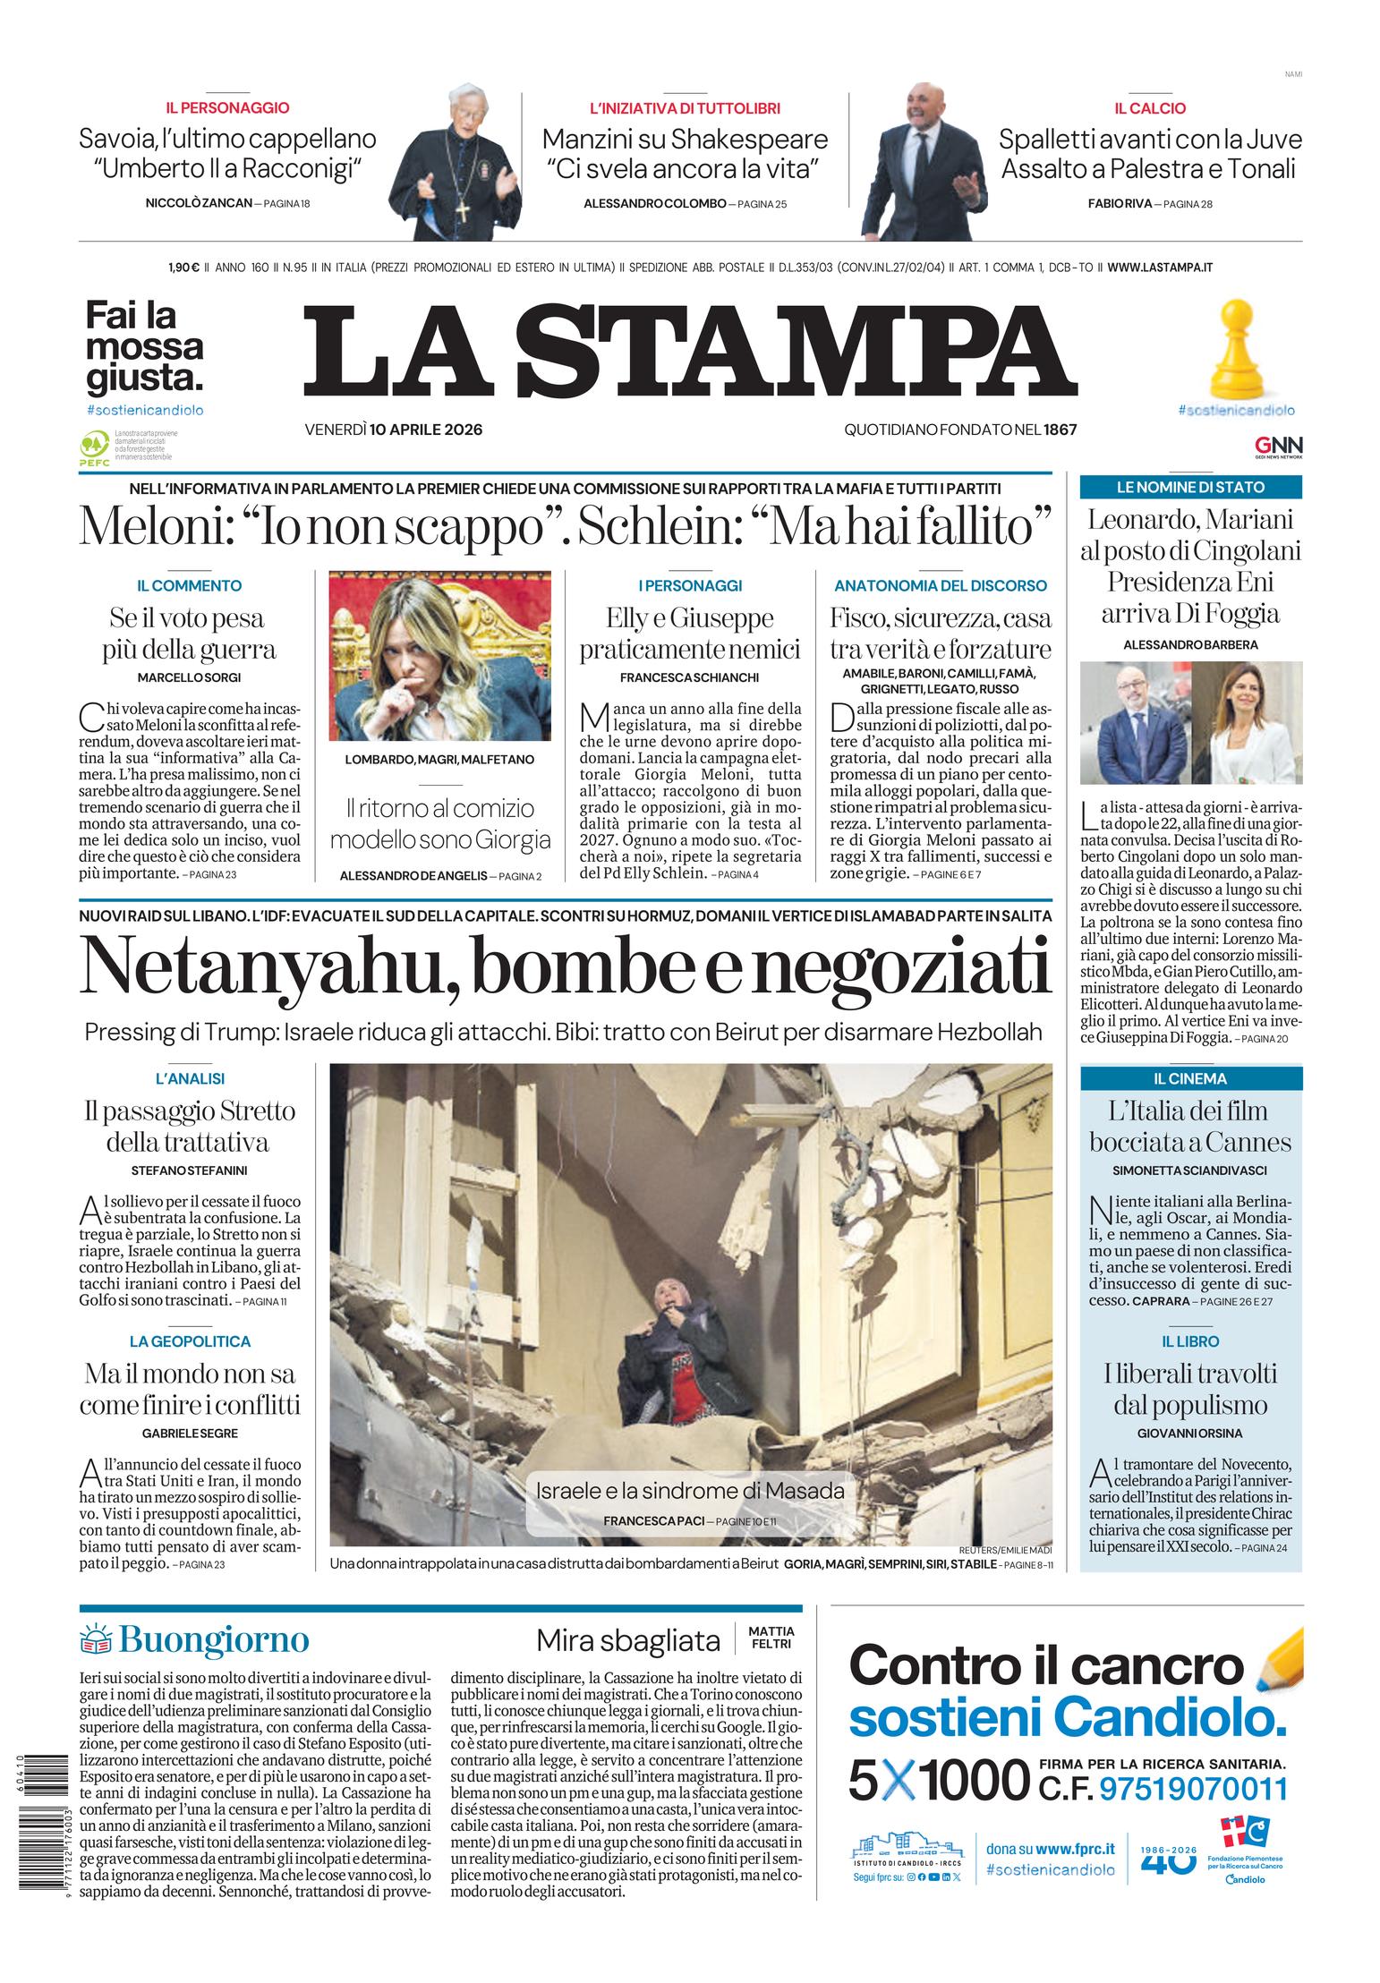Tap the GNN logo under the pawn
click(1278, 446)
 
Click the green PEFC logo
click(94, 445)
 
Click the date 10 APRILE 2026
click(425, 430)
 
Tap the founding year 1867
click(1060, 430)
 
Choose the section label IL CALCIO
click(1150, 108)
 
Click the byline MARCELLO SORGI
click(189, 677)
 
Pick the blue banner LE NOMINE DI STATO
click(1190, 488)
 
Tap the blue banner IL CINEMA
click(1190, 1078)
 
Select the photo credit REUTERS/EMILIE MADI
click(1004, 1550)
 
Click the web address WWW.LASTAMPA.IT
click(1159, 268)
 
